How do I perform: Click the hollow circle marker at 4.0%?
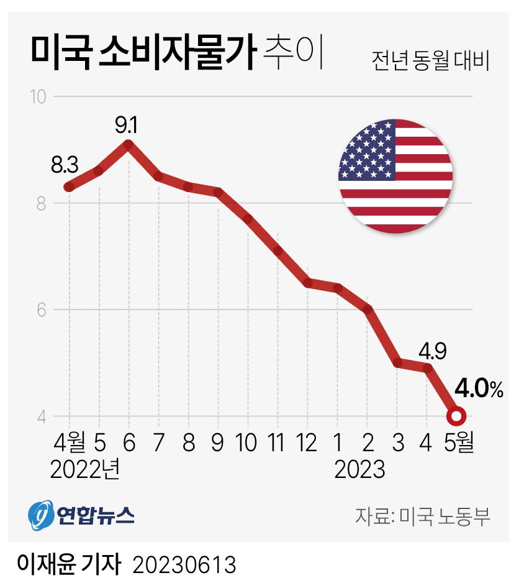pyautogui.click(x=456, y=416)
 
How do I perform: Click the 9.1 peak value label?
pyautogui.click(x=127, y=126)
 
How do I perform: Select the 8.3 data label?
pyautogui.click(x=65, y=166)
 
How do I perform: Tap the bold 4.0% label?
pyautogui.click(x=478, y=390)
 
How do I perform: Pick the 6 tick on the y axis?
pyautogui.click(x=42, y=310)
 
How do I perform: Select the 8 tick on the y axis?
pyautogui.click(x=42, y=203)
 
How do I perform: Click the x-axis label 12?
pyautogui.click(x=307, y=443)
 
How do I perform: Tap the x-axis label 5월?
pyautogui.click(x=458, y=443)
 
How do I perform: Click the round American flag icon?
pyautogui.click(x=395, y=177)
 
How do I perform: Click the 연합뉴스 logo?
pyautogui.click(x=81, y=515)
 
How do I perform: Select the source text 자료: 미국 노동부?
pyautogui.click(x=423, y=515)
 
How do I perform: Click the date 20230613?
pyautogui.click(x=184, y=564)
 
